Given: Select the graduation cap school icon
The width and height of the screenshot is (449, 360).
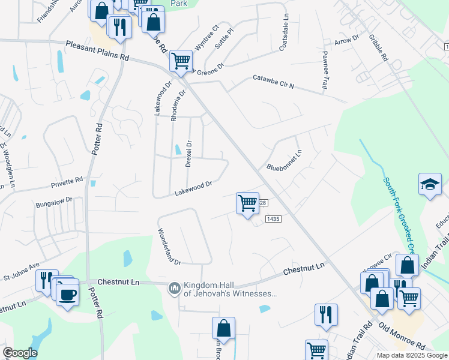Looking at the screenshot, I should click(430, 184).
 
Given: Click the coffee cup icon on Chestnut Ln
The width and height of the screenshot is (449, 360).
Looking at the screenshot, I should click(67, 293).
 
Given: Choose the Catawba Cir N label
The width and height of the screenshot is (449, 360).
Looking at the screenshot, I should click(273, 82).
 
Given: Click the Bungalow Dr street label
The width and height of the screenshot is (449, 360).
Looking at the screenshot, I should click(53, 200).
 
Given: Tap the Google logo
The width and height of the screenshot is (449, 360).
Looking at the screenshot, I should click(20, 353).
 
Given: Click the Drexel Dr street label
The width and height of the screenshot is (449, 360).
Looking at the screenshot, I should click(188, 154).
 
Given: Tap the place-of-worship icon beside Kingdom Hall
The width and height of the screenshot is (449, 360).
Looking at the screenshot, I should click(174, 289).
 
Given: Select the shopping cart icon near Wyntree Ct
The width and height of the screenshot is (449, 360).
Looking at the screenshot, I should click(181, 61).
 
